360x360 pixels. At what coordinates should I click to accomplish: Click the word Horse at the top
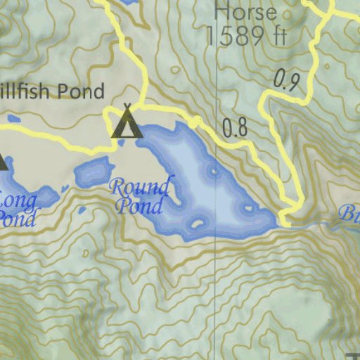(x=245, y=12)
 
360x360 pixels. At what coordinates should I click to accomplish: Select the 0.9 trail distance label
(x=287, y=80)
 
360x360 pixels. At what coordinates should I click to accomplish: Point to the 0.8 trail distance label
(x=235, y=128)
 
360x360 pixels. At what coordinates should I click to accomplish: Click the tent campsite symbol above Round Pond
(x=127, y=122)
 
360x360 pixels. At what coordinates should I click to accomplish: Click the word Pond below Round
(x=139, y=206)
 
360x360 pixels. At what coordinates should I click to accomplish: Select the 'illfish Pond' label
(x=52, y=91)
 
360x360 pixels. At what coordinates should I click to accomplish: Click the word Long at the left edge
(x=17, y=200)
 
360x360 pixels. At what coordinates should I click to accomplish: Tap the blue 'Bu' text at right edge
(x=349, y=213)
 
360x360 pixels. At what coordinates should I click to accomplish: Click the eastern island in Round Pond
(x=246, y=209)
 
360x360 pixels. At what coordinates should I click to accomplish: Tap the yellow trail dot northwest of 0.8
(x=195, y=123)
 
